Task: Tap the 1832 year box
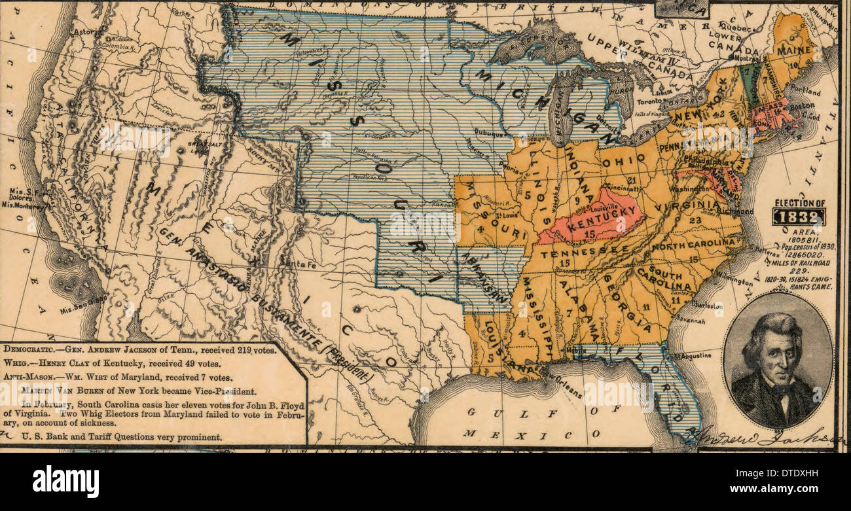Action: coord(798,217)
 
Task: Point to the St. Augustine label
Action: coord(694,355)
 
